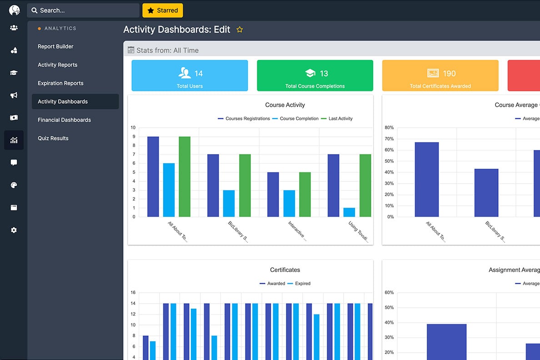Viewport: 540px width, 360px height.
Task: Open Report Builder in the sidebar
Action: [x=55, y=46]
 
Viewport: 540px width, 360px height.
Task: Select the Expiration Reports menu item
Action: [x=60, y=83]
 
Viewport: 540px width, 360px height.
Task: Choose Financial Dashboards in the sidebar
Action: [x=64, y=120]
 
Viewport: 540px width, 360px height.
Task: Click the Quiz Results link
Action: [x=53, y=138]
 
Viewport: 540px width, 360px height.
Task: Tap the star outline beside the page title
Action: [x=240, y=30]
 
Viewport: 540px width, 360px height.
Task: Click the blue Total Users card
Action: [x=190, y=75]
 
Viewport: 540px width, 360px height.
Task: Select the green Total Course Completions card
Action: [x=315, y=75]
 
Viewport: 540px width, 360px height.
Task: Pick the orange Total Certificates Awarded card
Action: [x=440, y=75]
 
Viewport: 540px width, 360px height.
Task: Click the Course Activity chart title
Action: [x=285, y=105]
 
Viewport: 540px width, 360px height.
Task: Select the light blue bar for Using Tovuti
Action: [x=349, y=212]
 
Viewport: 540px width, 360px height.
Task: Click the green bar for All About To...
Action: [x=185, y=177]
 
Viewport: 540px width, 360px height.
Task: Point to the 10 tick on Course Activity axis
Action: [x=133, y=128]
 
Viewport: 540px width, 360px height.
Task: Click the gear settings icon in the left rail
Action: [x=14, y=230]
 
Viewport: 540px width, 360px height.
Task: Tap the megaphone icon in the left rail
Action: [x=14, y=95]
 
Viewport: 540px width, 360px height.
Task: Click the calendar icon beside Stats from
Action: [x=131, y=50]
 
